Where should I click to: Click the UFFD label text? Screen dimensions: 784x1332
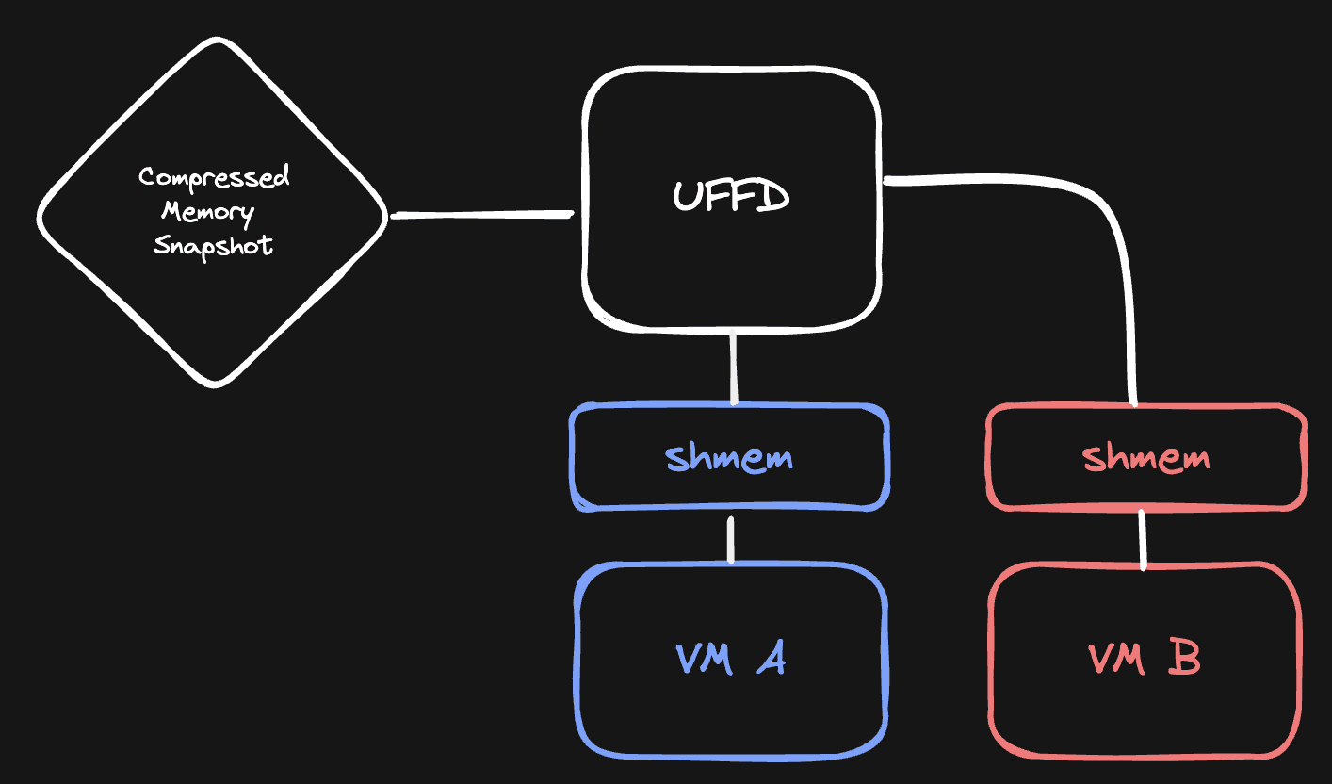[x=731, y=197]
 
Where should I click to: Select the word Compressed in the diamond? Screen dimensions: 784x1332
[x=214, y=177]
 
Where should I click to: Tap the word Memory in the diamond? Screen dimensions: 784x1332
[x=207, y=210]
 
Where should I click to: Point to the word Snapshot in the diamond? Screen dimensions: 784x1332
[x=214, y=245]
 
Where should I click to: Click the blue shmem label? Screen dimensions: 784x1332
[x=729, y=458]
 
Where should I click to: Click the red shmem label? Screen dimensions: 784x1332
[x=1145, y=458]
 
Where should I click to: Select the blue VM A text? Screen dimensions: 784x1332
[x=731, y=659]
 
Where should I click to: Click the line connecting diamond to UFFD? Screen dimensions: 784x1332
[x=482, y=216]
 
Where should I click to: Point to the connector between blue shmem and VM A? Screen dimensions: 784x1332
[x=731, y=538]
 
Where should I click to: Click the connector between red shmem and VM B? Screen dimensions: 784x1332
[x=1144, y=539]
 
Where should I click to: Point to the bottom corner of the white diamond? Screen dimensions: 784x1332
[x=215, y=384]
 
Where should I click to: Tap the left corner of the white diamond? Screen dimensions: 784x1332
[x=41, y=216]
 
